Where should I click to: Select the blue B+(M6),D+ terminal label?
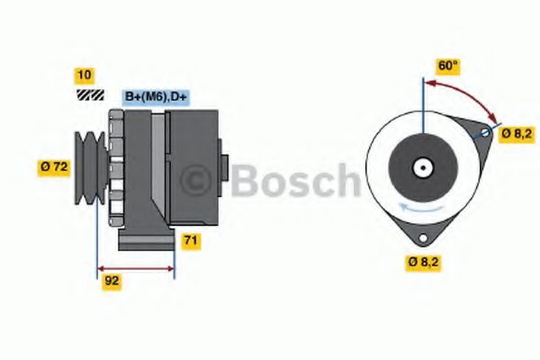tap(159, 96)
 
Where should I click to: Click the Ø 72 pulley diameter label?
tap(55, 166)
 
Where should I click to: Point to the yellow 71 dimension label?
tap(190, 240)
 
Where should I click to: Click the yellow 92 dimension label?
tap(112, 280)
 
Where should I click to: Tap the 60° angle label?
tap(447, 66)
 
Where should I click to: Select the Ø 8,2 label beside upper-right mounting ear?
tap(517, 133)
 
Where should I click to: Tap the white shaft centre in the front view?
tap(421, 166)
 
